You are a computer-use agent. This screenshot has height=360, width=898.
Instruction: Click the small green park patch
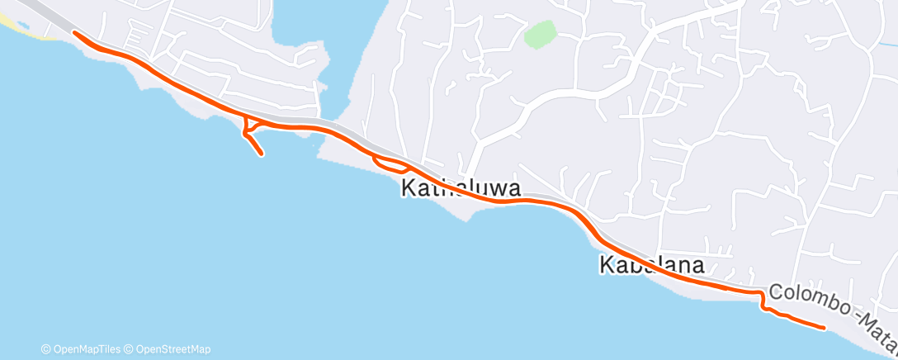coord(540,35)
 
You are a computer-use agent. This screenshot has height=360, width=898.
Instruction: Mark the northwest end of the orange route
coord(74,32)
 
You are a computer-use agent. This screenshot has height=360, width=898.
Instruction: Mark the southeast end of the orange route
coord(824,328)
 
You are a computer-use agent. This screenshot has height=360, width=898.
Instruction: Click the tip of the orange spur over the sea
coord(262,154)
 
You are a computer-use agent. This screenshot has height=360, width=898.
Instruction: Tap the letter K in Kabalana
coord(605,266)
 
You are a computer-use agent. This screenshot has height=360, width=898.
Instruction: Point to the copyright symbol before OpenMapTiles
coord(46,349)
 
